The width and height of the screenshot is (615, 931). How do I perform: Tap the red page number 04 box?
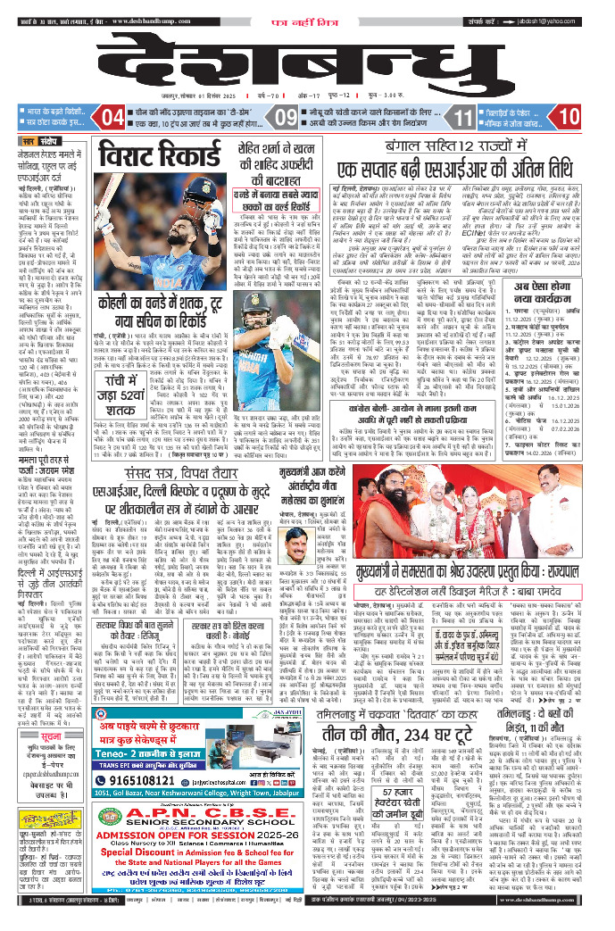(112, 117)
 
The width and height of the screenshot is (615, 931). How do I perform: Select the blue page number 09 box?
(287, 117)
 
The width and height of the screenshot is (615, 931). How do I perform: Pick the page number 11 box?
(462, 117)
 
